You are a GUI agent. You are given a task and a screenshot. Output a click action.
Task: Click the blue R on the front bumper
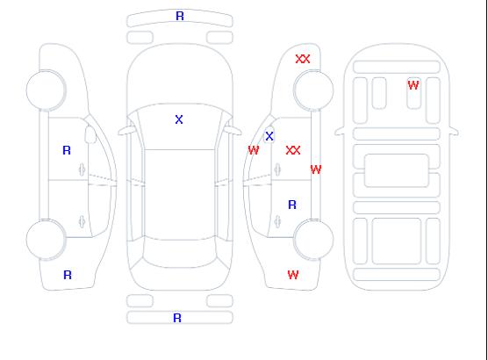[180, 16]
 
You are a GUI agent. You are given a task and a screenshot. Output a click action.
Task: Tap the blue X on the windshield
[179, 119]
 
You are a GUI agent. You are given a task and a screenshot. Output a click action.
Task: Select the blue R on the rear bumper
[177, 318]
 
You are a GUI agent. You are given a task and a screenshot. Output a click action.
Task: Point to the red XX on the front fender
[303, 59]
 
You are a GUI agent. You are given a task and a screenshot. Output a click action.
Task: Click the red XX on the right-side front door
[293, 150]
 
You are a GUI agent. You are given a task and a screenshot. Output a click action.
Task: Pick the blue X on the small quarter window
[269, 136]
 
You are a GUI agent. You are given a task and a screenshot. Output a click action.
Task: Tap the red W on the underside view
[413, 85]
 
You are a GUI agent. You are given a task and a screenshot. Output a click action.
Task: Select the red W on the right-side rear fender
[293, 275]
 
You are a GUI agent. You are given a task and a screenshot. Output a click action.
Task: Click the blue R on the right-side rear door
[292, 205]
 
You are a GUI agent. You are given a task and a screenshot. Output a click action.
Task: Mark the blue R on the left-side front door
[67, 150]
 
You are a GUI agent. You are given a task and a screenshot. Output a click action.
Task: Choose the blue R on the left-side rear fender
[68, 275]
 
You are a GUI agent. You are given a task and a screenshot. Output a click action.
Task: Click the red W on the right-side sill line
[316, 169]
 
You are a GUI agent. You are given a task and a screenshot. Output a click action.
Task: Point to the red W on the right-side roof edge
[254, 150]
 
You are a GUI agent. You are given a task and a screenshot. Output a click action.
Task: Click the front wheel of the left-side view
[46, 90]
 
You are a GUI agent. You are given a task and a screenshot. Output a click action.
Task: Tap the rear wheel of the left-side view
[46, 240]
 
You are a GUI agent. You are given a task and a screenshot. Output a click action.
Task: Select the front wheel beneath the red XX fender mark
[313, 90]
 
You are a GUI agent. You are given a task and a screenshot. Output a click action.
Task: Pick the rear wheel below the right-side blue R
[313, 240]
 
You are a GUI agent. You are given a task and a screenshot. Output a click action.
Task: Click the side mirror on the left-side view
[90, 134]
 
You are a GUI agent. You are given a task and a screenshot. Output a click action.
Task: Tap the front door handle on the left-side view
[82, 169]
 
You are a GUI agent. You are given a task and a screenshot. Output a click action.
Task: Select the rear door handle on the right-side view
[277, 221]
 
